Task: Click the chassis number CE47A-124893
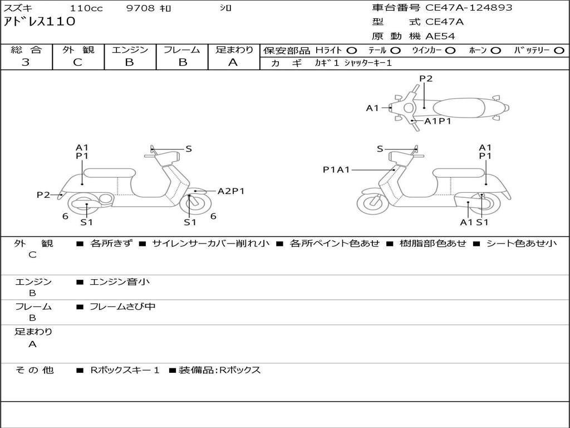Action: pyautogui.click(x=469, y=8)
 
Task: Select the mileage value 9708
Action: pyautogui.click(x=140, y=8)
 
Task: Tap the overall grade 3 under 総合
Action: pyautogui.click(x=26, y=62)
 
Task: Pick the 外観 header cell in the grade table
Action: pyautogui.click(x=78, y=50)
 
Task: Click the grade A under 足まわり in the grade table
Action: pyautogui.click(x=233, y=62)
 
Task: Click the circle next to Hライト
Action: pyautogui.click(x=352, y=51)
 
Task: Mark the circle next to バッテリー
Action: pyautogui.click(x=559, y=51)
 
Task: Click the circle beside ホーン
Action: pyautogui.click(x=495, y=51)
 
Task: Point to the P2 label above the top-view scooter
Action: pyautogui.click(x=426, y=79)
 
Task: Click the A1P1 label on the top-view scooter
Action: pyautogui.click(x=438, y=121)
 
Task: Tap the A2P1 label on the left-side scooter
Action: pyautogui.click(x=231, y=191)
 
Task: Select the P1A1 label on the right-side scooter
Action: pyautogui.click(x=336, y=169)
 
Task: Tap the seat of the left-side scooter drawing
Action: pyautogui.click(x=110, y=173)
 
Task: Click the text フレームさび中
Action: pyautogui.click(x=122, y=307)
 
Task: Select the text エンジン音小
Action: pyautogui.click(x=120, y=281)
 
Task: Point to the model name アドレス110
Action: pyautogui.click(x=40, y=22)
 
